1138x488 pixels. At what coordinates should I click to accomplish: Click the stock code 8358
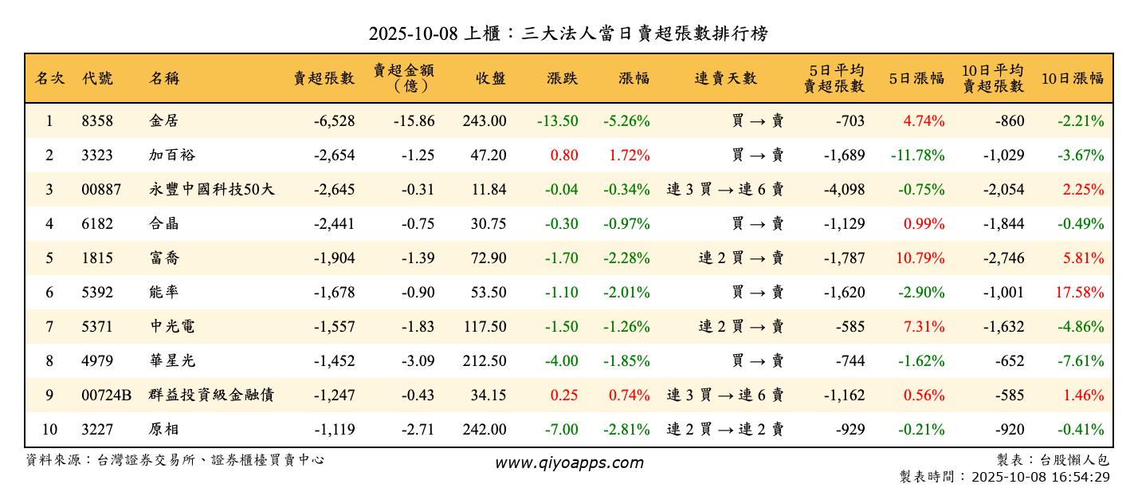97,121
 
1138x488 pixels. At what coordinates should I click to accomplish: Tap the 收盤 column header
491,78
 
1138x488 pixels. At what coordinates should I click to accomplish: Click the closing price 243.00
484,121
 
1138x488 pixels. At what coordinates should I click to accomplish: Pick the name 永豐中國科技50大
211,190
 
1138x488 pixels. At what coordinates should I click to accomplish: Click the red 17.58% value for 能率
1080,293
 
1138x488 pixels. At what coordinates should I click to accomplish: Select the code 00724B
106,396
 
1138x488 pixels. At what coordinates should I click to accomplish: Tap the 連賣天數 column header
725,78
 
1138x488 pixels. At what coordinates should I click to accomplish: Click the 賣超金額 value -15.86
414,121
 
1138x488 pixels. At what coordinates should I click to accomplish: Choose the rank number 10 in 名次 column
49,430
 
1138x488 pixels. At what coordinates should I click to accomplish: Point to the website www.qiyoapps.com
569,462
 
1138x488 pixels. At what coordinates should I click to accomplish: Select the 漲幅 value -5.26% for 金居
626,121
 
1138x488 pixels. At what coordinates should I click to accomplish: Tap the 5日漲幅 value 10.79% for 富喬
924,258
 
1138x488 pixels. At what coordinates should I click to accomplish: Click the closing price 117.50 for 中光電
484,327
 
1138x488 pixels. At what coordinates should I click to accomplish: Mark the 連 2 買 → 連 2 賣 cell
725,430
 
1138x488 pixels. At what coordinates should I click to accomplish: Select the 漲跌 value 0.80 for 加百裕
564,155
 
